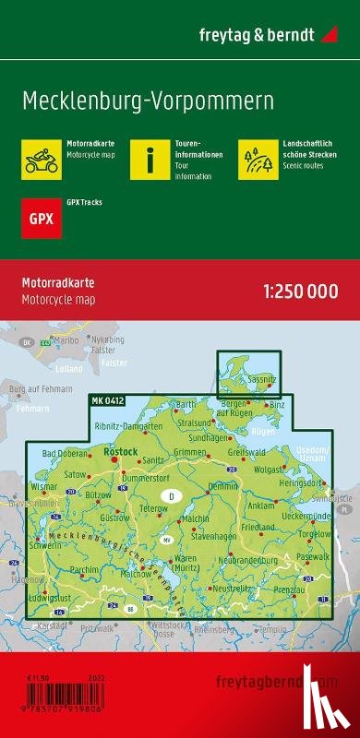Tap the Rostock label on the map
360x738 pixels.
[x=123, y=451]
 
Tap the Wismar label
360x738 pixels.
[x=43, y=483]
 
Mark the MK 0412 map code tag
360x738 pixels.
[x=108, y=399]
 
